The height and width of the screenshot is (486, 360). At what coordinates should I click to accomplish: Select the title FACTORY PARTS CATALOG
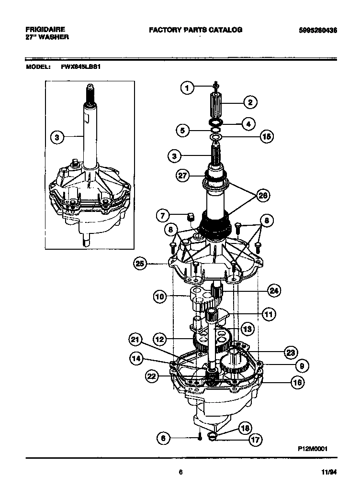195,30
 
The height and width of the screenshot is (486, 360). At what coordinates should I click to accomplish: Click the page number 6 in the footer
180,472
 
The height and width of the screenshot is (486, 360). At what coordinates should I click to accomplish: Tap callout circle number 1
188,88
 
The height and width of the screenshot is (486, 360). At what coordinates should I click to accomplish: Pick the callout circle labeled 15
266,136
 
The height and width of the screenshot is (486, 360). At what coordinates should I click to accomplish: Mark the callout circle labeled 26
263,195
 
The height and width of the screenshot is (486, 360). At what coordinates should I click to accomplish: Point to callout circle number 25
140,263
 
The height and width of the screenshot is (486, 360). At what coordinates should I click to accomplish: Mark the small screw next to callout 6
200,438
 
